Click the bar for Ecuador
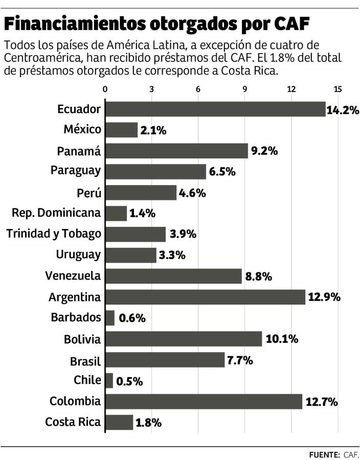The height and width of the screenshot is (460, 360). pyautogui.click(x=215, y=109)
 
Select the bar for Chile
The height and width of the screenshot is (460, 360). pyautogui.click(x=109, y=381)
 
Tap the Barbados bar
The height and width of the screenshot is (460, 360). pyautogui.click(x=110, y=318)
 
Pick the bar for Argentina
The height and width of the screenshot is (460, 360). pyautogui.click(x=205, y=297)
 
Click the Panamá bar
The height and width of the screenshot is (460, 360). pyautogui.click(x=176, y=151)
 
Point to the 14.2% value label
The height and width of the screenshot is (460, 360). pyautogui.click(x=343, y=109)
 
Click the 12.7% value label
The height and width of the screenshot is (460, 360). pyautogui.click(x=322, y=402)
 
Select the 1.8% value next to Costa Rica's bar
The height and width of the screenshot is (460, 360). pyautogui.click(x=149, y=423)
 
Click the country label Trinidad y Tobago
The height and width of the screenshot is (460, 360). pyautogui.click(x=54, y=234)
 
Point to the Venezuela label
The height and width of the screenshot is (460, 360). pyautogui.click(x=73, y=276)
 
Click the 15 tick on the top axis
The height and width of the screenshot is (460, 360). pyautogui.click(x=337, y=89)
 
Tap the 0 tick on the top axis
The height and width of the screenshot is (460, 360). pyautogui.click(x=105, y=89)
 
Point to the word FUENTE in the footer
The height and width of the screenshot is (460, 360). pyautogui.click(x=324, y=454)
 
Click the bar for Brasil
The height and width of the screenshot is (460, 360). pyautogui.click(x=165, y=360)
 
